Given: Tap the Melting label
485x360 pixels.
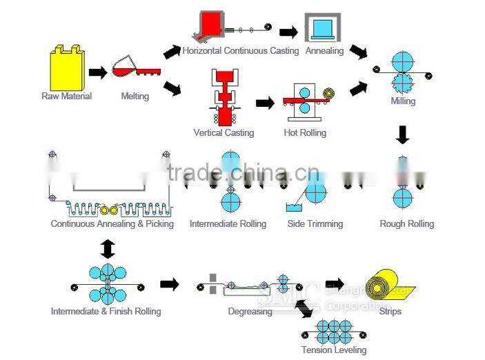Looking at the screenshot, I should (135, 96).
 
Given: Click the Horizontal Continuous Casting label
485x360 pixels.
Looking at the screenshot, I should (240, 50).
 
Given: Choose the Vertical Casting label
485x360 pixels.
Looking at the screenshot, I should (224, 132).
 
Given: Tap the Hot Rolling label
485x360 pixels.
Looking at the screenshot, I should (305, 132).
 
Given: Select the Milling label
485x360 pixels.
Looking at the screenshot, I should (403, 101).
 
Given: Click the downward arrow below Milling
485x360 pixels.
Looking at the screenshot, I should (403, 134).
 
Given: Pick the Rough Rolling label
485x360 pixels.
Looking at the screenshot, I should (406, 223).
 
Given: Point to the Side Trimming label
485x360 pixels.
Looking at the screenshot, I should (315, 223).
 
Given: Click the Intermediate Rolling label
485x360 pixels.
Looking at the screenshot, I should (228, 223).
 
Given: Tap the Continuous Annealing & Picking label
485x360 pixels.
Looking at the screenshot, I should (112, 223).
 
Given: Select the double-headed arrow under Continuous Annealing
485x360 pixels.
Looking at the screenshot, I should (108, 248).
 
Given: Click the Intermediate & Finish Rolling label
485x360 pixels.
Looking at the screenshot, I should (106, 311).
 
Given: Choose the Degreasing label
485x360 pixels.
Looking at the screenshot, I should (250, 311).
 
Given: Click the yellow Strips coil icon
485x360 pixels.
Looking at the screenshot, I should (385, 286).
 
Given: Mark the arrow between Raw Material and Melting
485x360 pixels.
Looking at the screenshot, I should (98, 71).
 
